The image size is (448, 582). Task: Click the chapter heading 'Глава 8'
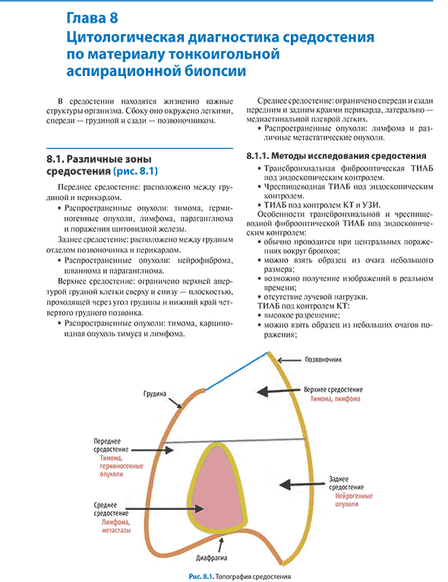pos(93,17)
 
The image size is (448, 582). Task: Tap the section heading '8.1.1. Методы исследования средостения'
pos(336,156)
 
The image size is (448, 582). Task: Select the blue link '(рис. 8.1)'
pos(135,171)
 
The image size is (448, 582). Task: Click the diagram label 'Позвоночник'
pos(323,359)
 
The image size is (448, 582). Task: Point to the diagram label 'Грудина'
pos(155,394)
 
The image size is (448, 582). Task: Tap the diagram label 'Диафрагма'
pos(211,558)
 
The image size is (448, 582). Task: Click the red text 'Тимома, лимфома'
pos(336,399)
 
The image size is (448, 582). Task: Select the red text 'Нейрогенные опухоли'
pos(353,500)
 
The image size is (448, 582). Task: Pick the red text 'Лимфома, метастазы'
pos(116,527)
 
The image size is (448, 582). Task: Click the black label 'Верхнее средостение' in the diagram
pos(333,390)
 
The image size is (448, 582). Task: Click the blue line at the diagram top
pos(237,372)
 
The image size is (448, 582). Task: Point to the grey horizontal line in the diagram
pos(235,441)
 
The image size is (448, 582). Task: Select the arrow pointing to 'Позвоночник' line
pos(289,360)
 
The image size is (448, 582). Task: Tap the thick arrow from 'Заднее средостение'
pos(302,485)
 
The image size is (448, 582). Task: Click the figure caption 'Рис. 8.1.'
pos(201,577)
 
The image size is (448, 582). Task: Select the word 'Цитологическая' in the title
pos(127,37)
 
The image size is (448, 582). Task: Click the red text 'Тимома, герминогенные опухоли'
pos(121,467)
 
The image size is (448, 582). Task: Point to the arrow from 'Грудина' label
pos(175,403)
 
